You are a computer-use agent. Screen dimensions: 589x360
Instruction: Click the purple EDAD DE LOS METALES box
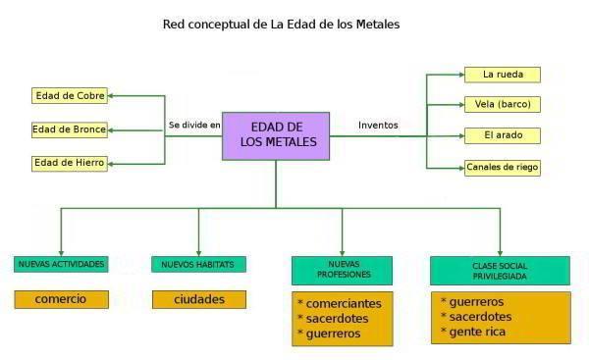[x=276, y=135]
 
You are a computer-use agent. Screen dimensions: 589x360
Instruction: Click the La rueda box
[x=502, y=75]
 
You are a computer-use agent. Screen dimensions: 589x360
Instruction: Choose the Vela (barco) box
[x=502, y=104]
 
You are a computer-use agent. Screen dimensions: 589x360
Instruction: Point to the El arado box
[x=502, y=134]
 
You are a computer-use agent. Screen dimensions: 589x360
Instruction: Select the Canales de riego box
[x=502, y=167]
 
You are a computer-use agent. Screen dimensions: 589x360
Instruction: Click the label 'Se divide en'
[x=194, y=126]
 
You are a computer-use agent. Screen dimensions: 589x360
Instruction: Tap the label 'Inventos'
[x=378, y=125]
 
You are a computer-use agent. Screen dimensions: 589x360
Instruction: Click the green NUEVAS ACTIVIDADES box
[x=61, y=264]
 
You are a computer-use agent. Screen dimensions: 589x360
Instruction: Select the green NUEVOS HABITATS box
[x=199, y=264]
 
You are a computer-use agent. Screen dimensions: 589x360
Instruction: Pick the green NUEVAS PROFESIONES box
[x=342, y=270]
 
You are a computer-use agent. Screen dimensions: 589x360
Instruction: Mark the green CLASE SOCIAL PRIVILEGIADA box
[x=500, y=271]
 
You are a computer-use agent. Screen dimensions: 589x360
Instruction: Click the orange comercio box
[x=61, y=299]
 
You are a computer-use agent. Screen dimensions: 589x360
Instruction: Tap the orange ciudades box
[x=199, y=299]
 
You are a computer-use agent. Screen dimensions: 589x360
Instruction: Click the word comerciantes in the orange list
[x=343, y=303]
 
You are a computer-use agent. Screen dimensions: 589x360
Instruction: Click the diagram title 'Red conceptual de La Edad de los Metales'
[x=281, y=24]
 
